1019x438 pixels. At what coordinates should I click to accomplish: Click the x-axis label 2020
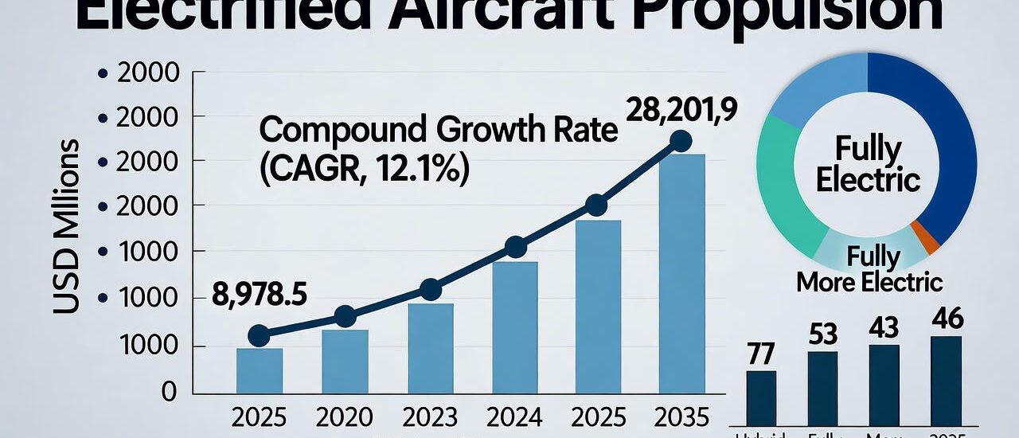pos(345,417)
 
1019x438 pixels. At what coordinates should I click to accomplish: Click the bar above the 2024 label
pos(514,327)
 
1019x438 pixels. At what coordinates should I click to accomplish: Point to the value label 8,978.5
pos(260,295)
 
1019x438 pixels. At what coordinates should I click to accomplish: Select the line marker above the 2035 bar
pos(681,141)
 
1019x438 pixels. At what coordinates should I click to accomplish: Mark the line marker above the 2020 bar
pos(345,316)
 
